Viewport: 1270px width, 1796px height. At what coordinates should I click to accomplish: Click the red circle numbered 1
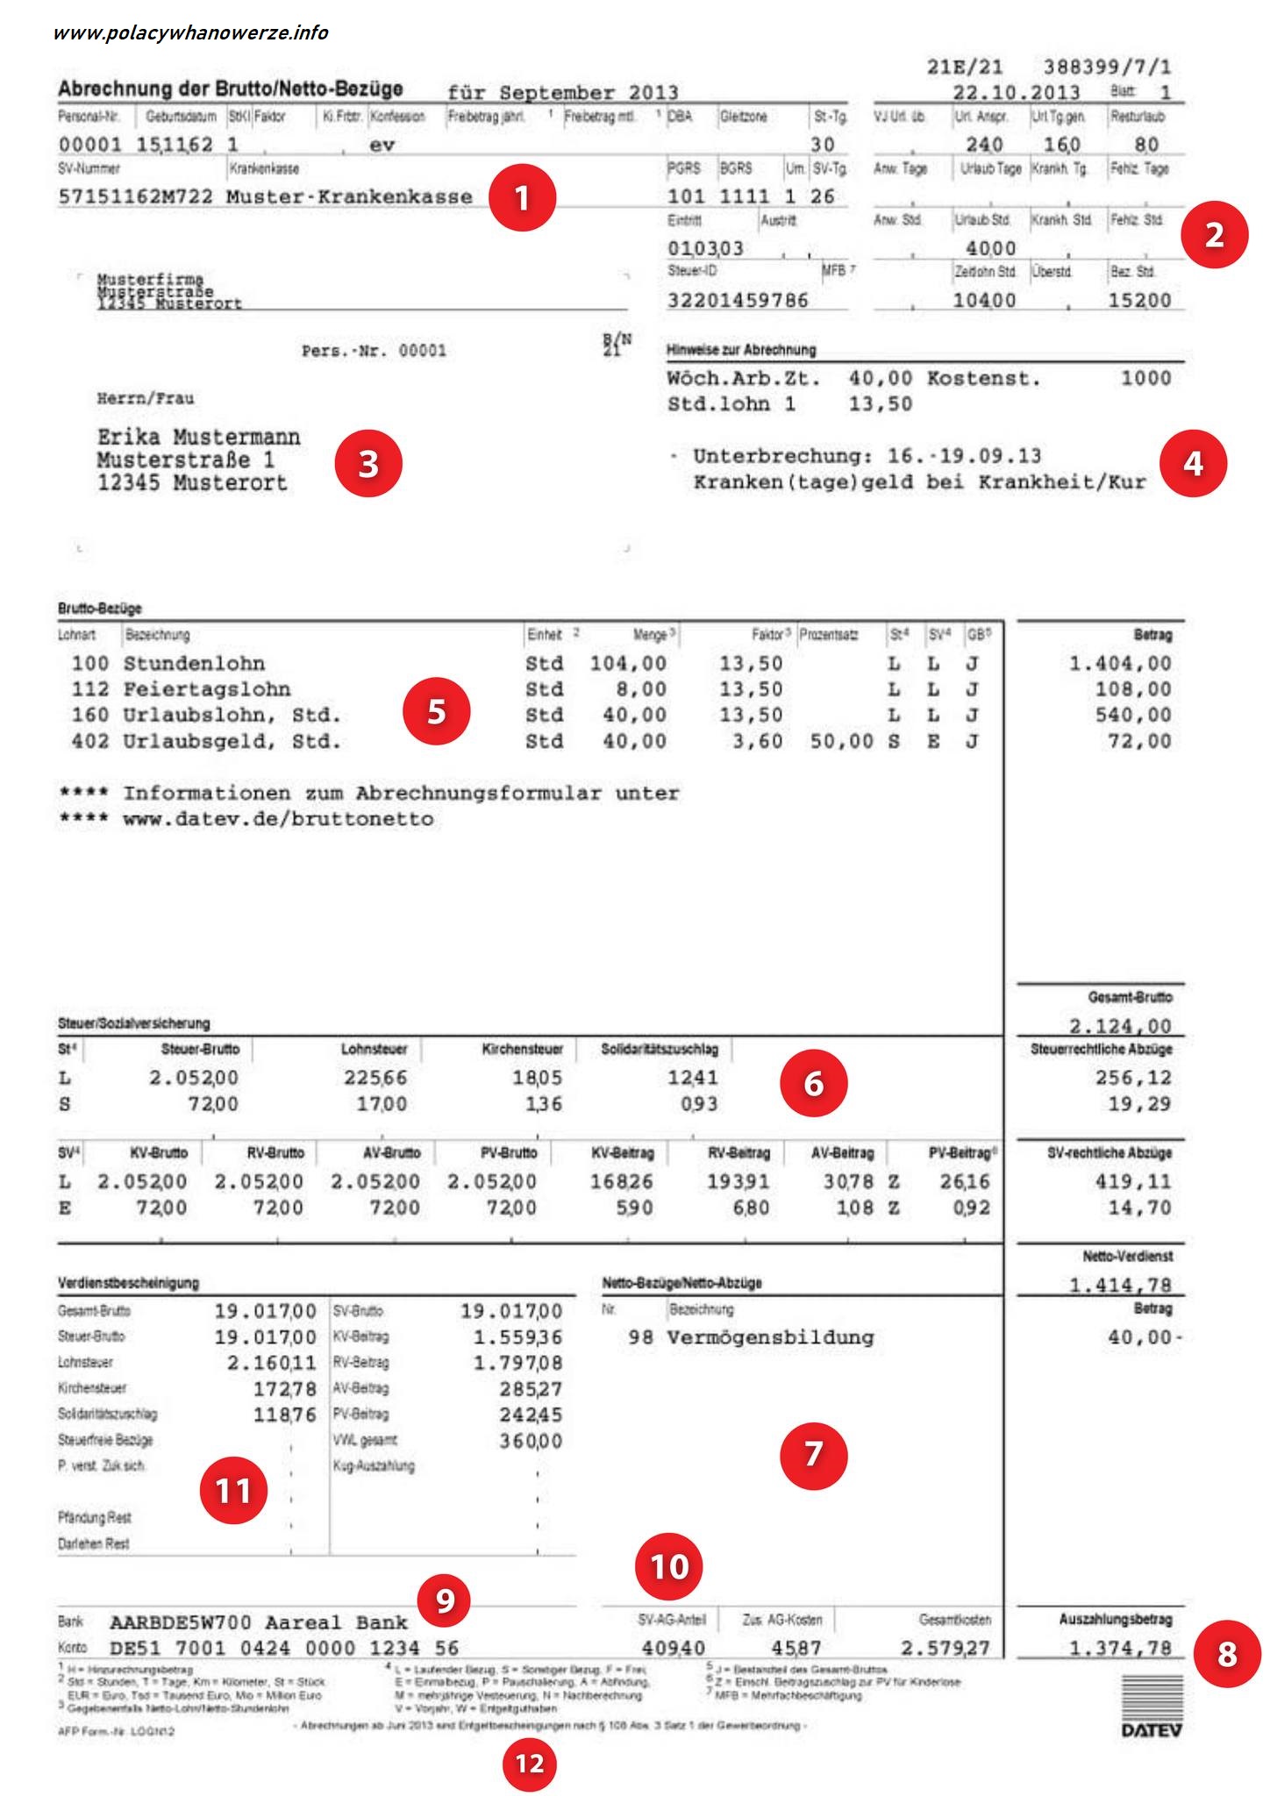tap(522, 197)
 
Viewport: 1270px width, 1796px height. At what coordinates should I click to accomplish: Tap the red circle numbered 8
tap(1227, 1654)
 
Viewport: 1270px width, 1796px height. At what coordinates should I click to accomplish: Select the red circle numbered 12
tap(530, 1764)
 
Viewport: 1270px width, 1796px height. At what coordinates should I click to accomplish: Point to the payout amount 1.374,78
tap(1120, 1648)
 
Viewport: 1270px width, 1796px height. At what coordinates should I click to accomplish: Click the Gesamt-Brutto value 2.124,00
tap(1120, 1025)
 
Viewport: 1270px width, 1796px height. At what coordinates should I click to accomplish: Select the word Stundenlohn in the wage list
tap(194, 664)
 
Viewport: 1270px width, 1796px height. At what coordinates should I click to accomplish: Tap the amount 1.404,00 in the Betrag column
tap(1120, 664)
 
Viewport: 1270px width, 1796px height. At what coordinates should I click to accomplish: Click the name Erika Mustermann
tap(198, 437)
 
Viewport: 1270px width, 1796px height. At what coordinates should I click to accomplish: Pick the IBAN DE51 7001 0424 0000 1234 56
tap(284, 1648)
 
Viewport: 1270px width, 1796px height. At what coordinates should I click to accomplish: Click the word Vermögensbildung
tap(770, 1337)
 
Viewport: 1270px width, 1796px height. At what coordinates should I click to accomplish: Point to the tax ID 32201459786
tap(738, 301)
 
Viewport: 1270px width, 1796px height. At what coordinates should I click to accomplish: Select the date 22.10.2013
tap(1017, 93)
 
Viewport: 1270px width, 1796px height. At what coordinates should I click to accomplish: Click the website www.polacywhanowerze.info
tap(190, 33)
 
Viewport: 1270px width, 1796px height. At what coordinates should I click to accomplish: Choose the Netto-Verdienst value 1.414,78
tap(1120, 1285)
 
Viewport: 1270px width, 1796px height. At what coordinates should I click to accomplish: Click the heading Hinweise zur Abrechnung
tap(741, 350)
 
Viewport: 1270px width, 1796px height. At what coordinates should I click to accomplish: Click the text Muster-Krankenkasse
tap(349, 196)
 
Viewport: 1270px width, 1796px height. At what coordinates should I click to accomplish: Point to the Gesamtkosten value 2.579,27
tap(945, 1648)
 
